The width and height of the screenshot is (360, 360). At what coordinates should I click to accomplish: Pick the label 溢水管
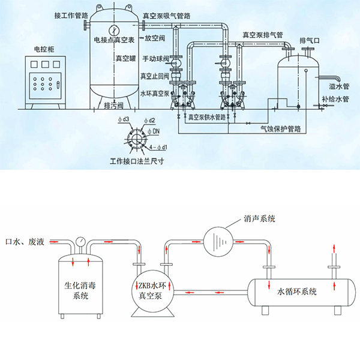tap(336, 88)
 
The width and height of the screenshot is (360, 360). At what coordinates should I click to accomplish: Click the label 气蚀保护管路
tap(280, 128)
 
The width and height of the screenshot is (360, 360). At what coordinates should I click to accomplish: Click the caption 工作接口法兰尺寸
tap(137, 161)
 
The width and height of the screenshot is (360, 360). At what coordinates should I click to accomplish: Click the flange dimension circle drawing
tap(136, 137)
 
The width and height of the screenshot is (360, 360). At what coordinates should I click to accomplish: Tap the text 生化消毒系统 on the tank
tap(79, 290)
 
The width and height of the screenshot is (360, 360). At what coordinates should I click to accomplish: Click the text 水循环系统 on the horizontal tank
tap(297, 292)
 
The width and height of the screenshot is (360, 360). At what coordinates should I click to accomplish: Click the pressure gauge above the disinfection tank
tap(80, 241)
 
